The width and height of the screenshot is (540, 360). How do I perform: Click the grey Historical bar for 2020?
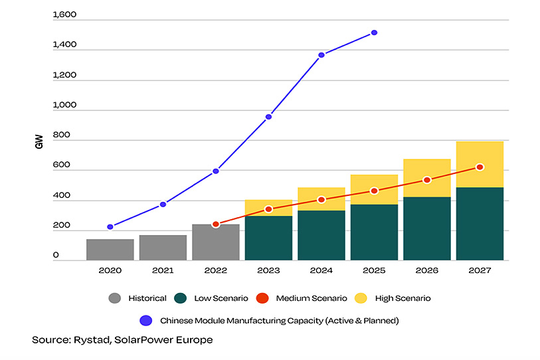tap(110, 250)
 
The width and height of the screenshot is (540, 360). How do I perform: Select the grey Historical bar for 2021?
tap(163, 248)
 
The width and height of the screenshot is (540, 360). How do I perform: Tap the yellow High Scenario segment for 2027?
tap(480, 164)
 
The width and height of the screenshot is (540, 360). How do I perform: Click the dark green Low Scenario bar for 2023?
tap(268, 238)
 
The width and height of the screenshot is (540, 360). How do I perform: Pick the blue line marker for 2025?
tap(375, 33)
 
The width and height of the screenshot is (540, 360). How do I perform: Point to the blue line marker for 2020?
tap(110, 227)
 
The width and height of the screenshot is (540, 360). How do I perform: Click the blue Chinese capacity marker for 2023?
tap(268, 117)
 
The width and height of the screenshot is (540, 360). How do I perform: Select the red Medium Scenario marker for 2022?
tap(216, 225)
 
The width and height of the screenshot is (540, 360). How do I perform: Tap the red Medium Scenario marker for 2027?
tap(480, 167)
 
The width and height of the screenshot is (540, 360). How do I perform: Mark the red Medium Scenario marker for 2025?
tap(375, 191)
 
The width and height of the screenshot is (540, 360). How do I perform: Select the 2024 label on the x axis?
tap(321, 271)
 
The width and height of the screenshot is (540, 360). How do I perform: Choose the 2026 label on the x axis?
tap(427, 271)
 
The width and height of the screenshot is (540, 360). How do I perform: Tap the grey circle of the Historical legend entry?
tap(114, 298)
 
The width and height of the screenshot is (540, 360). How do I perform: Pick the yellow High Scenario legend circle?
tap(359, 298)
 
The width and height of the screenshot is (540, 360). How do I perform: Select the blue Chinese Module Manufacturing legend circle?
tap(145, 320)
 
